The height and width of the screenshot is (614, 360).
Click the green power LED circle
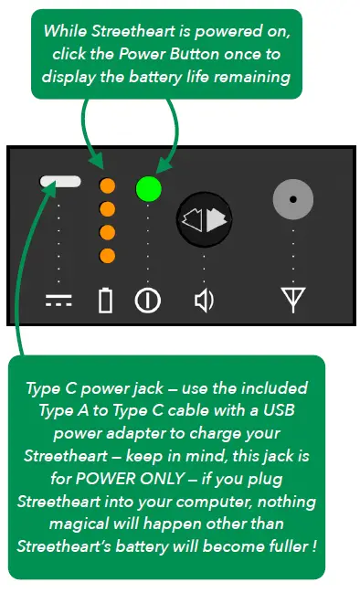pos(148,189)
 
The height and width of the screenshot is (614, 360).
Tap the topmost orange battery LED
pos(107,186)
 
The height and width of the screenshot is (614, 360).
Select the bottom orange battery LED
pos(107,254)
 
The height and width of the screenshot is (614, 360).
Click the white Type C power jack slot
pos(60,182)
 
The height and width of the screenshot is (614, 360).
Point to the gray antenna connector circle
pos(292,197)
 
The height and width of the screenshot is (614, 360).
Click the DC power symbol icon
pos(59,301)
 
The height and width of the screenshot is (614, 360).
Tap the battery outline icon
pos(106,301)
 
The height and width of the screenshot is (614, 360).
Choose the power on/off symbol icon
pos(147,301)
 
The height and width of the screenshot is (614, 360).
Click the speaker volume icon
pos(204,301)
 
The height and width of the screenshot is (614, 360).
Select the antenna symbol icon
pos(292,301)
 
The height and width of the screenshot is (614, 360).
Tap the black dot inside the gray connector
pos(292,197)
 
